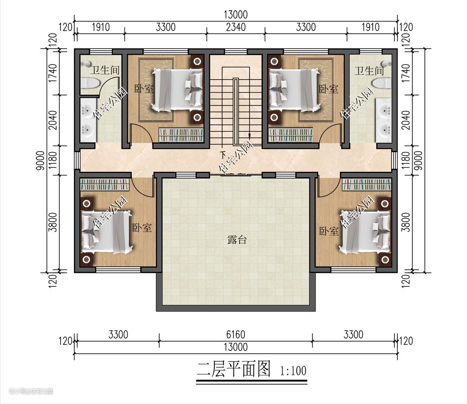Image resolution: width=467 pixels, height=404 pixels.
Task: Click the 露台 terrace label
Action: pos(237,239)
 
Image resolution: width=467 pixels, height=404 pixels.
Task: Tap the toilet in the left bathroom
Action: pos(90,83)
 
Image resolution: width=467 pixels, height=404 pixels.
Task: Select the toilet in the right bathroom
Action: pos(382,83)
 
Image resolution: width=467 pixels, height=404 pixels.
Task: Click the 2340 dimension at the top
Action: pos(236,27)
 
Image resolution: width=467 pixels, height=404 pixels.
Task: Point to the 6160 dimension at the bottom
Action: pos(236,335)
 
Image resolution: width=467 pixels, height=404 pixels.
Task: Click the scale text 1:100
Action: pos(293,371)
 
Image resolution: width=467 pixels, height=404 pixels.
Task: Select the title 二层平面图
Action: pos(233,369)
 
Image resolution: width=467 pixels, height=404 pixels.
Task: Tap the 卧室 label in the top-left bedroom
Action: pos(144,89)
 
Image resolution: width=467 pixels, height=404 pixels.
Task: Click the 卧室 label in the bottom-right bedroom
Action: pos(329,231)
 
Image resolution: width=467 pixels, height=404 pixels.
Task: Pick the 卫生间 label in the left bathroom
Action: pos(105,71)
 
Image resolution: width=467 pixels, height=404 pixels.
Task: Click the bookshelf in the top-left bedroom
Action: pos(181,135)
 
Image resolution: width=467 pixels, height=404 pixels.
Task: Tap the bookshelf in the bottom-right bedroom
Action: pos(366,184)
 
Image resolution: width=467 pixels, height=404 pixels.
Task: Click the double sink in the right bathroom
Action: pos(383,120)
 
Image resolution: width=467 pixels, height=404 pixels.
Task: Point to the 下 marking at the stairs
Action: pos(223,155)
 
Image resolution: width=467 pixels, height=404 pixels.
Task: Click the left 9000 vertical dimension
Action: pos(41,160)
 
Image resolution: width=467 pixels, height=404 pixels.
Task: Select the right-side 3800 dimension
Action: pos(406,223)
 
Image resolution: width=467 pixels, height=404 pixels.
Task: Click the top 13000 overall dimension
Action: pos(236,15)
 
